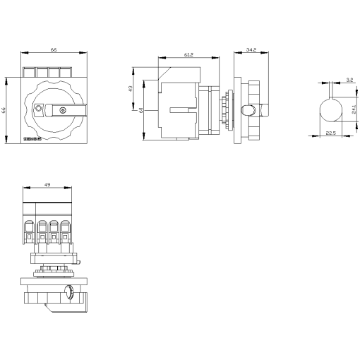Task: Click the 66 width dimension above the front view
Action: click(x=47, y=50)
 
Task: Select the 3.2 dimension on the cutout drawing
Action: click(x=341, y=81)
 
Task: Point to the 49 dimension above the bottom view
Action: click(x=47, y=185)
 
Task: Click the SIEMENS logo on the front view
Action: click(x=34, y=139)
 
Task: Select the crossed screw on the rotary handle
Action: click(x=64, y=110)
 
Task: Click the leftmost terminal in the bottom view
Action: click(x=30, y=229)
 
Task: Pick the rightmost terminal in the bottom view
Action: click(x=64, y=229)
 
